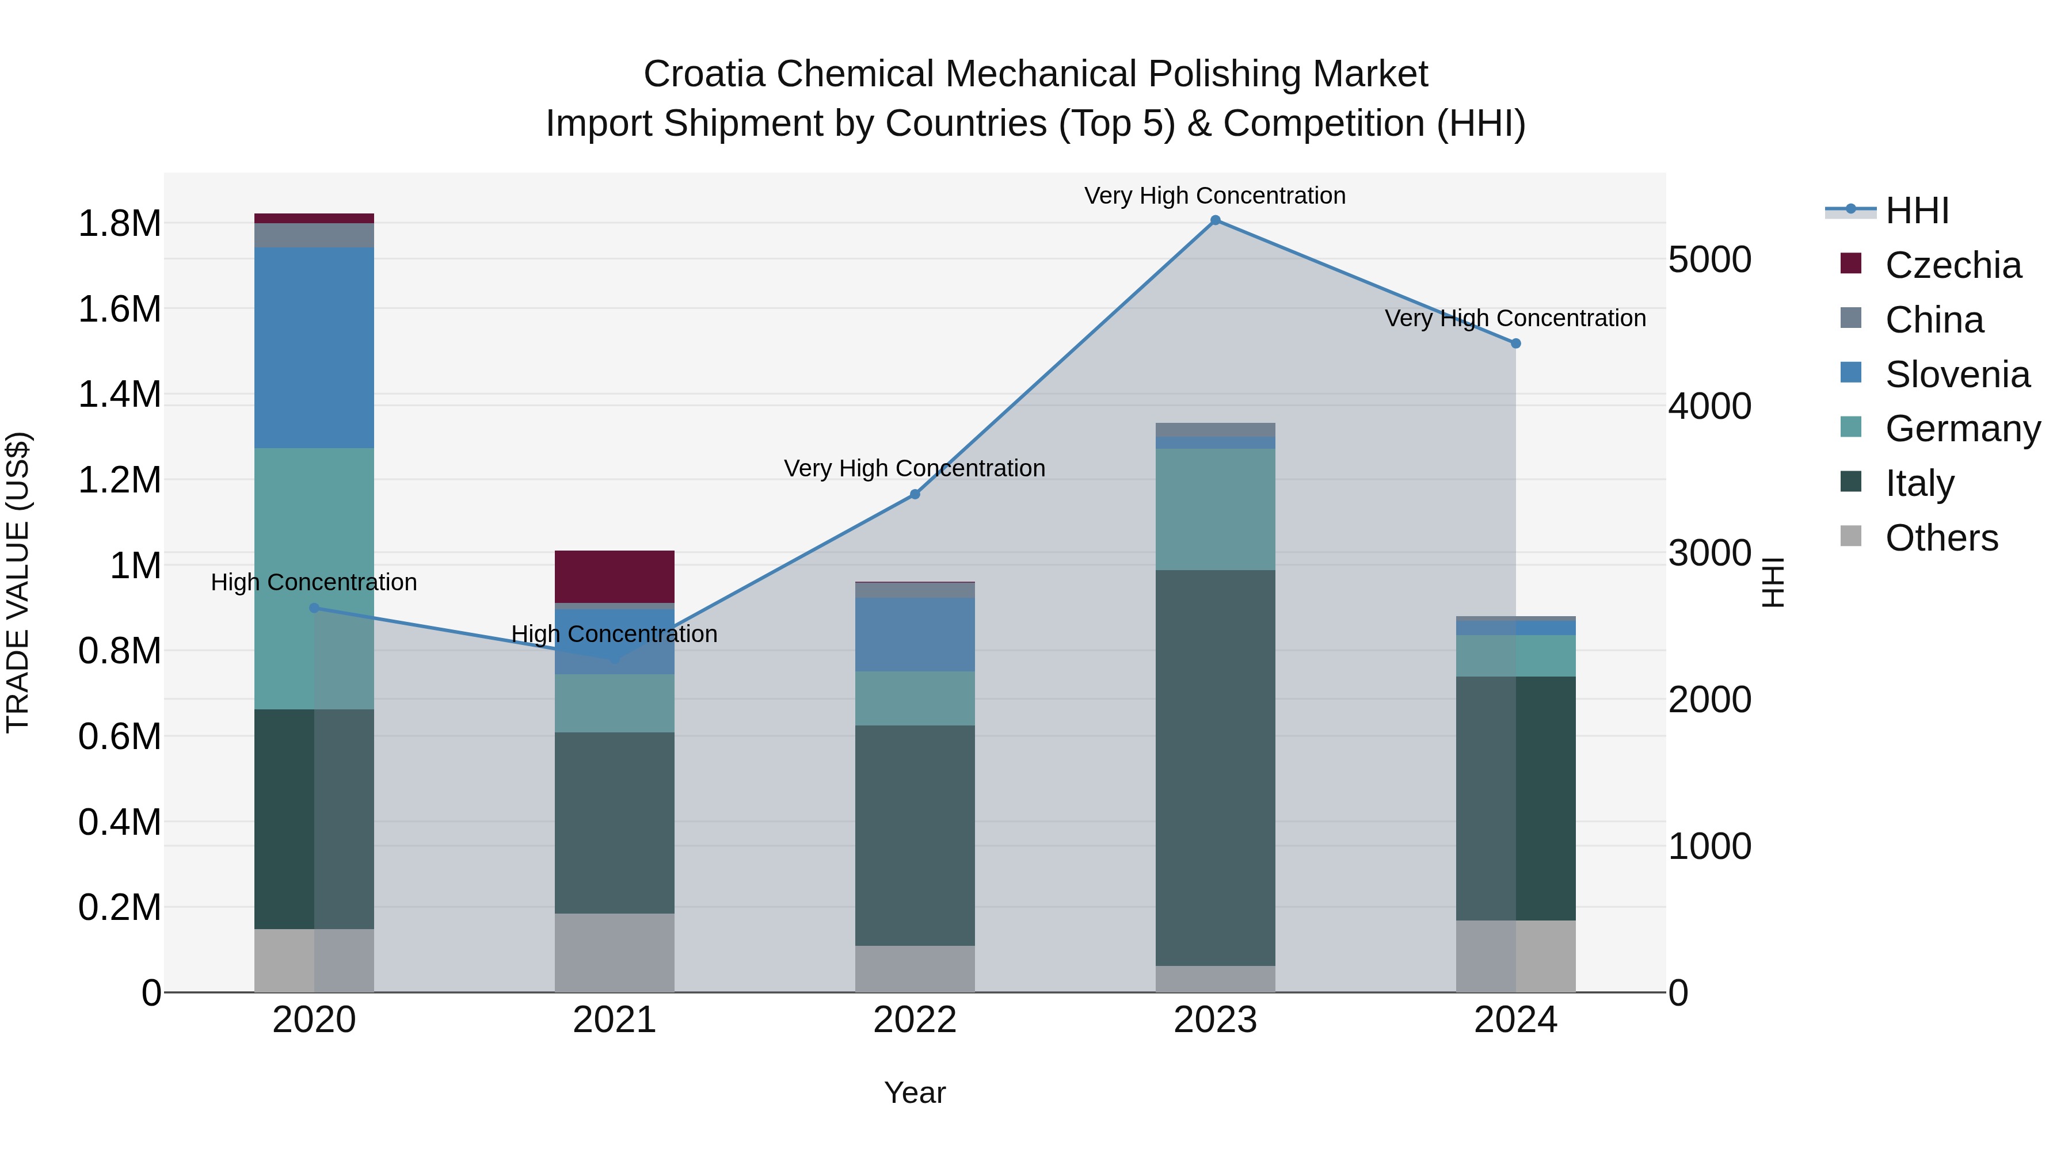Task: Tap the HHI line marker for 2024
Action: pyautogui.click(x=1515, y=343)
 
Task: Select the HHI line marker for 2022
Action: pyautogui.click(x=915, y=494)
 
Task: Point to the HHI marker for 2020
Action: pyautogui.click(x=314, y=608)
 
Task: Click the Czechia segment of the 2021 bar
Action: pyautogui.click(x=615, y=576)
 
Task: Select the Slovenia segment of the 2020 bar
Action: pyautogui.click(x=314, y=347)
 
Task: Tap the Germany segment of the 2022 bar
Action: pyautogui.click(x=915, y=698)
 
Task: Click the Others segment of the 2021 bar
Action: pyautogui.click(x=615, y=953)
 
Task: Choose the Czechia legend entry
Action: pyautogui.click(x=1952, y=265)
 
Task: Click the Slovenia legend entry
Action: pyautogui.click(x=1957, y=375)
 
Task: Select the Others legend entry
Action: pyautogui.click(x=1941, y=538)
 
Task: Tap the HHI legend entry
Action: pyautogui.click(x=1917, y=211)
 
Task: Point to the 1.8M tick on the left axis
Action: pyautogui.click(x=120, y=224)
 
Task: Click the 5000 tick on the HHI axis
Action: pyautogui.click(x=1709, y=259)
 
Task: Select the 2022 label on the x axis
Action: pyautogui.click(x=915, y=1020)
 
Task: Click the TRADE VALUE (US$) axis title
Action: pyautogui.click(x=18, y=582)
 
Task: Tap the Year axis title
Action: pyautogui.click(x=915, y=1093)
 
